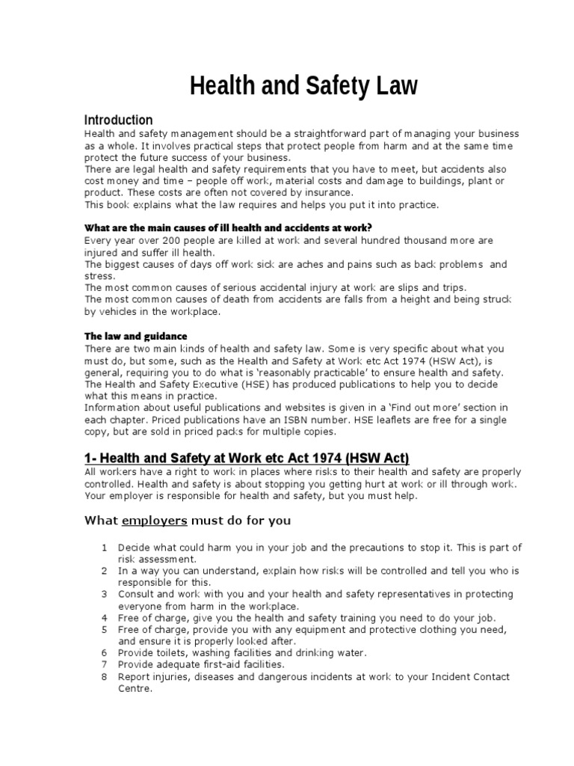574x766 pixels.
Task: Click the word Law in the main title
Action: [x=389, y=87]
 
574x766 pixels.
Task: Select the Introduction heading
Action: [x=118, y=120]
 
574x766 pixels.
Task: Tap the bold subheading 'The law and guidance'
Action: [x=135, y=337]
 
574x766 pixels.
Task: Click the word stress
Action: [x=99, y=275]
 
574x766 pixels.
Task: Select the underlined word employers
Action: [x=155, y=521]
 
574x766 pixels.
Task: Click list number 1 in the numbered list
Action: [x=105, y=548]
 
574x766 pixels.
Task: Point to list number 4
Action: [x=105, y=618]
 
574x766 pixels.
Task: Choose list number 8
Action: [x=105, y=676]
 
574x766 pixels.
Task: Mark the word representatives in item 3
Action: [x=391, y=595]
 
